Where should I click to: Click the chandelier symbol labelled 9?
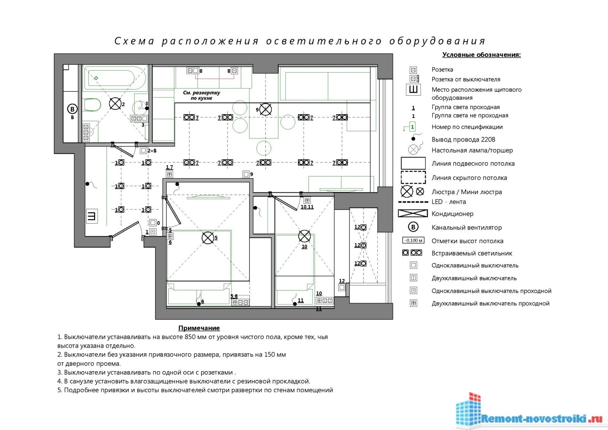pyautogui.click(x=265, y=109)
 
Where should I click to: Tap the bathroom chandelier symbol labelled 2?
pyautogui.click(x=115, y=103)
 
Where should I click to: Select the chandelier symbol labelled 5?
pyautogui.click(x=208, y=238)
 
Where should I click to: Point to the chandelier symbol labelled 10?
pyautogui.click(x=304, y=236)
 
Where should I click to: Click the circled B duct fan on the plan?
pyautogui.click(x=72, y=109)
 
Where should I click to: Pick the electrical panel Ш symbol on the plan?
pyautogui.click(x=92, y=216)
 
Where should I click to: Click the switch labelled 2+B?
pyautogui.click(x=143, y=151)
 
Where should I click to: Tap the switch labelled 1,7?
pyautogui.click(x=169, y=174)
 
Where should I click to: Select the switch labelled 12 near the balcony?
pyautogui.click(x=342, y=287)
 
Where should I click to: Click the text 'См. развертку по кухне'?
pyautogui.click(x=201, y=95)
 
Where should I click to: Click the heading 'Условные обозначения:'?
pyautogui.click(x=481, y=55)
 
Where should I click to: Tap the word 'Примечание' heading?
pyautogui.click(x=199, y=328)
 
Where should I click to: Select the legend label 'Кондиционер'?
pyautogui.click(x=453, y=214)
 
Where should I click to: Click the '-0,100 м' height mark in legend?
pyautogui.click(x=413, y=240)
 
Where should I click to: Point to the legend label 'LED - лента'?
pyautogui.click(x=449, y=202)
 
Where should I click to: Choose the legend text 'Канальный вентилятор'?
pyautogui.click(x=467, y=228)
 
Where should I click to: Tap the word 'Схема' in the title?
pyautogui.click(x=135, y=41)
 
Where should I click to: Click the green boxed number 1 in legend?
pyautogui.click(x=413, y=127)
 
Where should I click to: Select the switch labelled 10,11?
pyautogui.click(x=307, y=200)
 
